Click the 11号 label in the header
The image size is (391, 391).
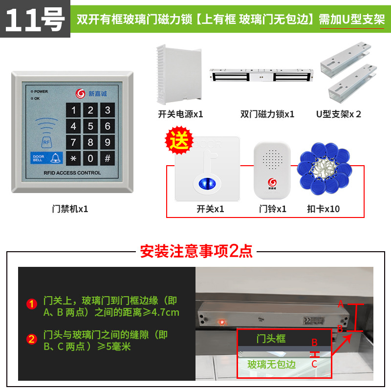pos(35,20)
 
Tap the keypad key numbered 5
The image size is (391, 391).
pos(90,127)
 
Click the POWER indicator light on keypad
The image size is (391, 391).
pos(32,91)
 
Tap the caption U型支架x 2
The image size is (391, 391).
pos(338,114)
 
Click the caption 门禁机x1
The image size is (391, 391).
pos(70,209)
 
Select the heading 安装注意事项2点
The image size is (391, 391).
pos(196,251)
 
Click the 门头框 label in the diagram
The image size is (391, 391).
pos(271,338)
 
